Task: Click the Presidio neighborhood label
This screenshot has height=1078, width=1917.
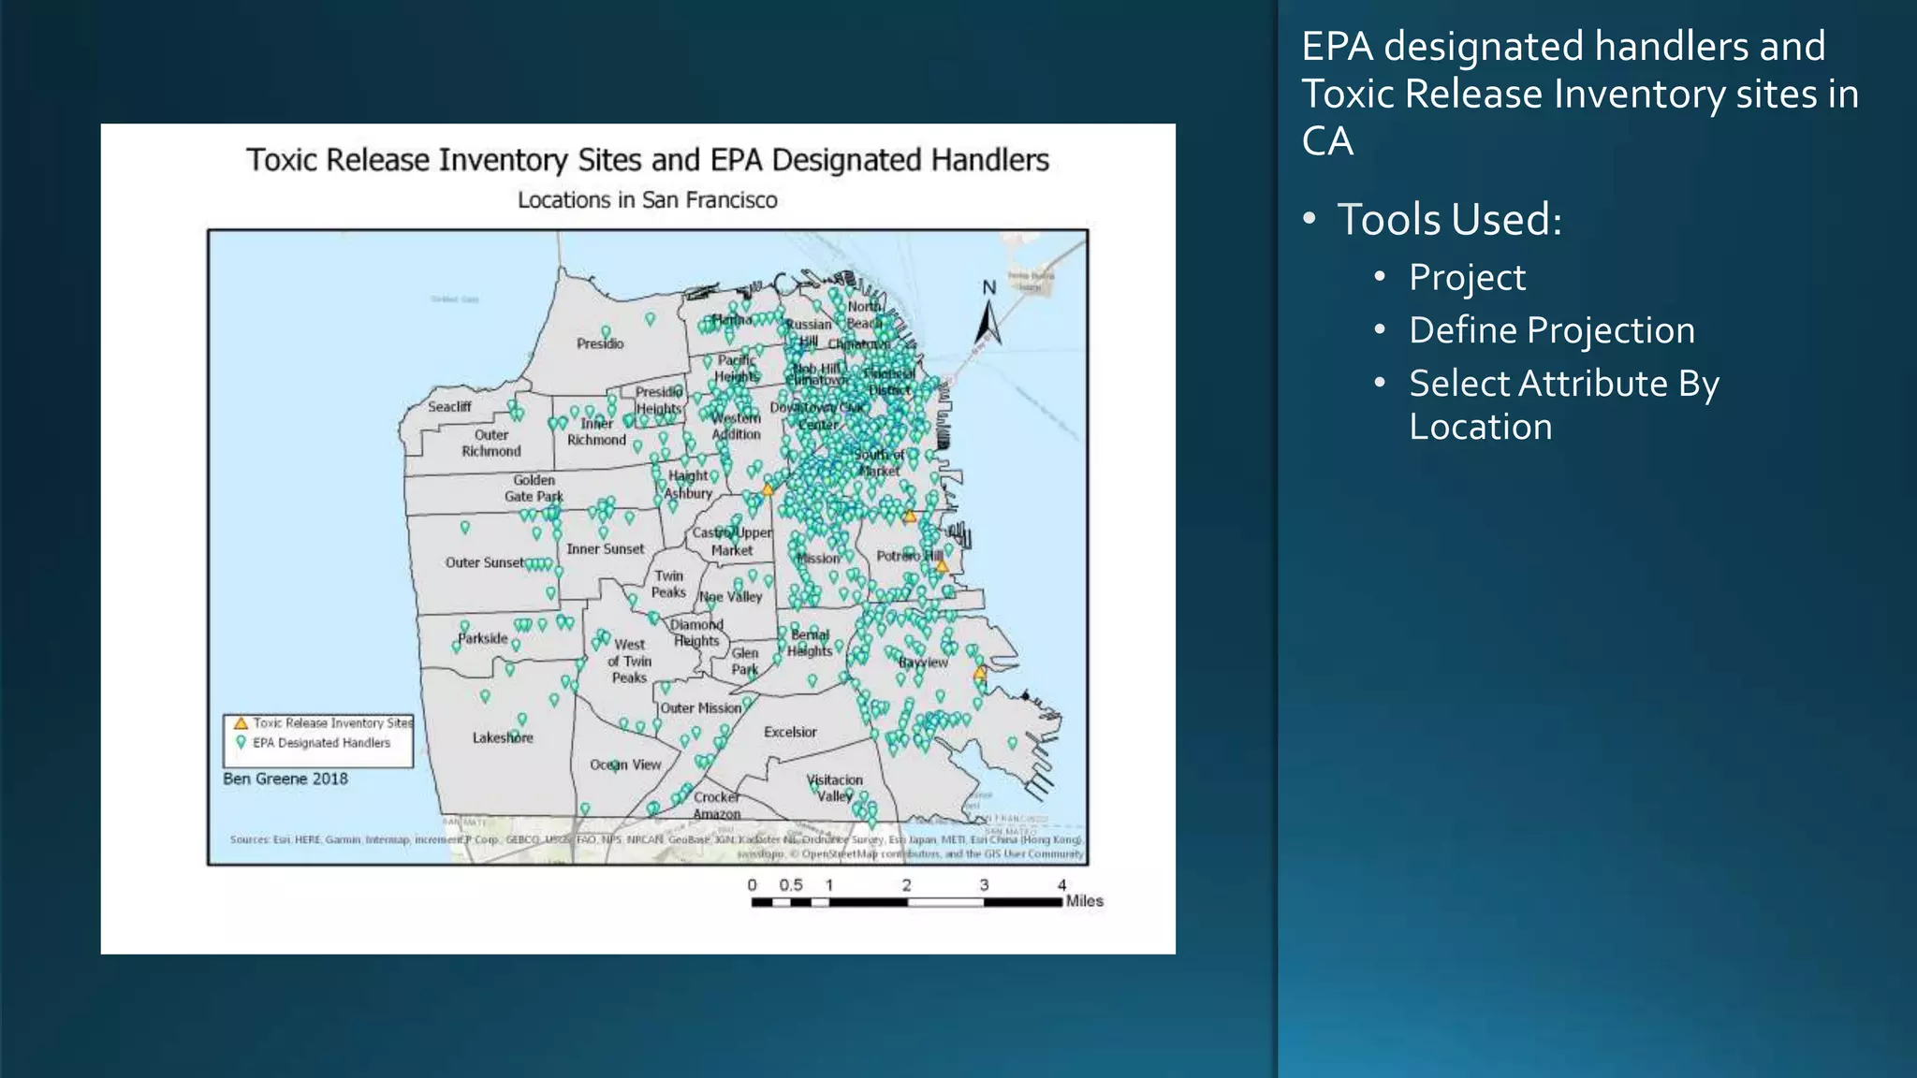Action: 600,343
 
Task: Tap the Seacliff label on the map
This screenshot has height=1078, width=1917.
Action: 449,406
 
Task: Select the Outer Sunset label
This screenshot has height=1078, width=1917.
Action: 484,562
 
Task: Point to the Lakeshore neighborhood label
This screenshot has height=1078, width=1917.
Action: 503,737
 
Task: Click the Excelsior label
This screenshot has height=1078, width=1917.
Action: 790,732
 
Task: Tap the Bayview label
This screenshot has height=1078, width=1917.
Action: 923,662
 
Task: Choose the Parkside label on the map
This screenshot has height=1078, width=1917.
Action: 483,638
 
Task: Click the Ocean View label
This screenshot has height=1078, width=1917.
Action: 625,765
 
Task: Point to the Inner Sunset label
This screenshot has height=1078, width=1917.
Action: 605,549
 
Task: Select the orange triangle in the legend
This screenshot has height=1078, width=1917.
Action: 241,723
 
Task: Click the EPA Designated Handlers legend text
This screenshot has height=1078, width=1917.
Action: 321,743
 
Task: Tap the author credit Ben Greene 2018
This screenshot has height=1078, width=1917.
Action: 285,779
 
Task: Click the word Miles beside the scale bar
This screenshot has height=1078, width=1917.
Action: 1084,901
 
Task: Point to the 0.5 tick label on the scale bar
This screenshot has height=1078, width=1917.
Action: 791,884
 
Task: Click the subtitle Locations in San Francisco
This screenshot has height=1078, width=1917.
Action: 648,200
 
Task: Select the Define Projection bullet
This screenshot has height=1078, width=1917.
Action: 1552,330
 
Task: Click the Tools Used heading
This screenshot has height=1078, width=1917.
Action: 1449,220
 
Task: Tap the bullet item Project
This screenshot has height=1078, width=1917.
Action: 1467,278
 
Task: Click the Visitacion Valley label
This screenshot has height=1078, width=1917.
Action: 835,788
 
